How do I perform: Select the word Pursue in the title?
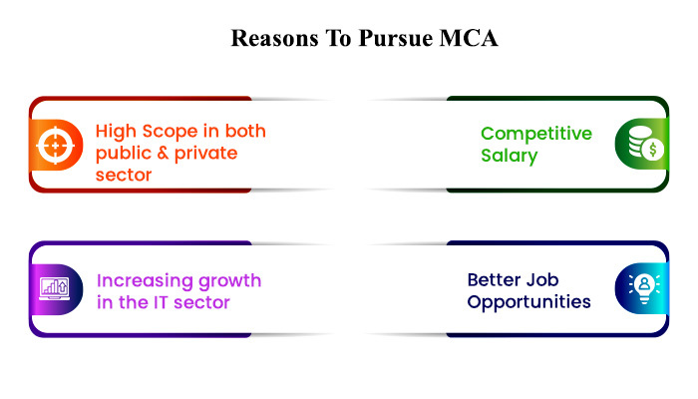[x=396, y=38]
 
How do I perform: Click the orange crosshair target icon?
[x=55, y=146]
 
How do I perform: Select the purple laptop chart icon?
[x=54, y=288]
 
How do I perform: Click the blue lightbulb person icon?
[x=644, y=288]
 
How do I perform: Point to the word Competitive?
[x=536, y=134]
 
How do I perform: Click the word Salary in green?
[x=510, y=156]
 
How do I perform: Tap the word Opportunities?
[x=528, y=302]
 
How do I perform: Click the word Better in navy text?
[x=495, y=280]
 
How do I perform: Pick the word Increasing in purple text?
[x=145, y=281]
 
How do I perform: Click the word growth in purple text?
[x=229, y=281]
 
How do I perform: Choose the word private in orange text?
[x=205, y=154]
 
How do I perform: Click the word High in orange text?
[x=116, y=132]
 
